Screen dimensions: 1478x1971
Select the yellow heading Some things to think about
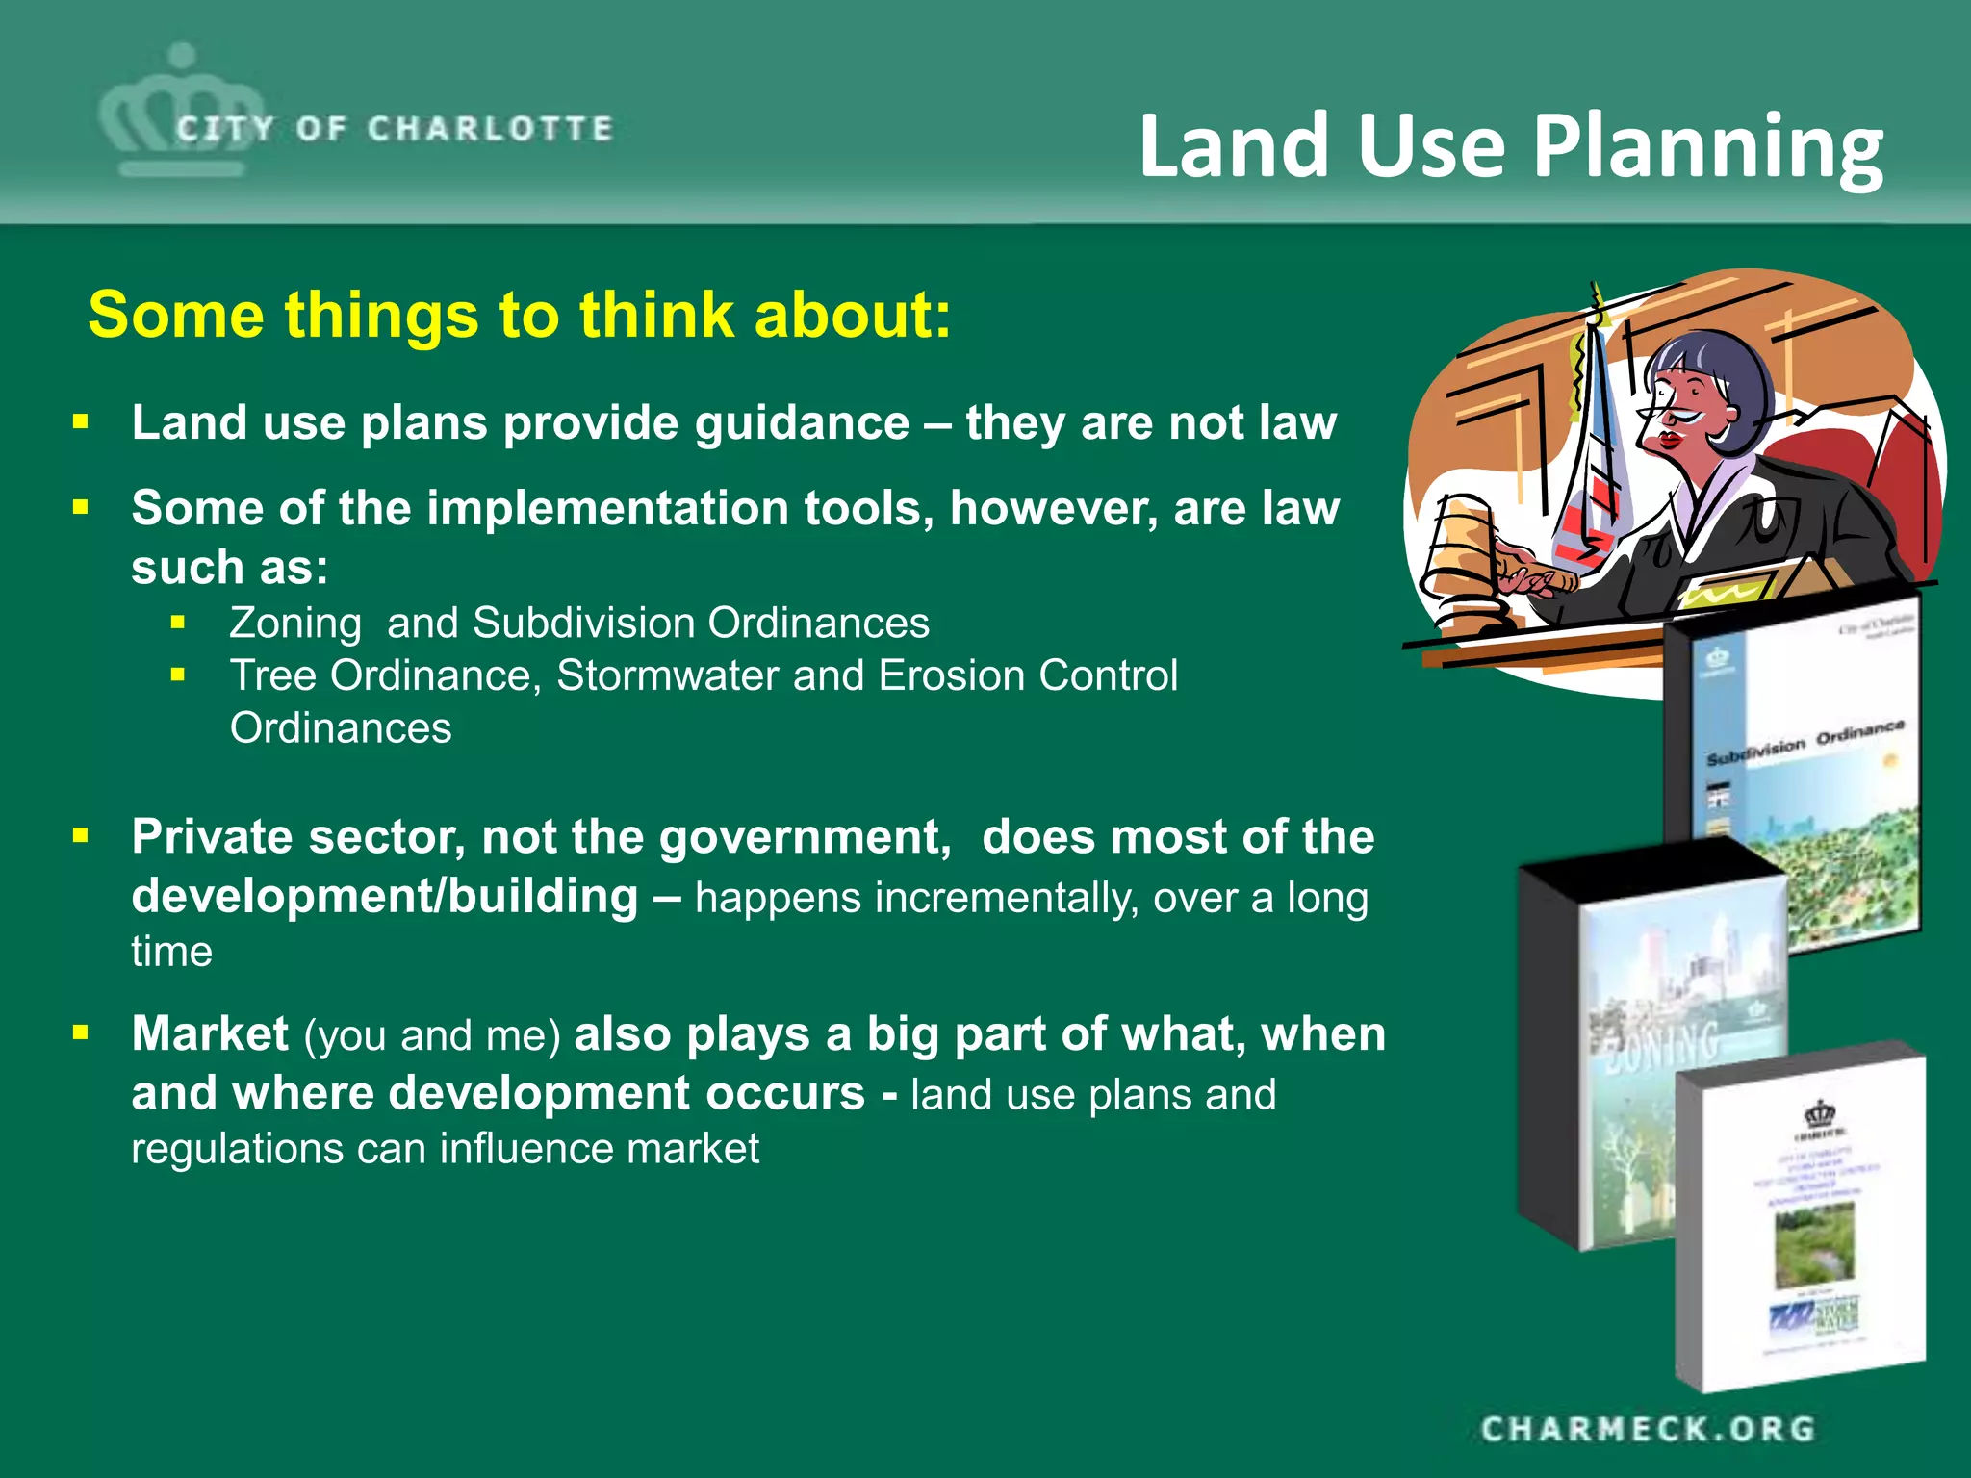[x=520, y=315]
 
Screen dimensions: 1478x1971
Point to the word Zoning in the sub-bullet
[x=295, y=624]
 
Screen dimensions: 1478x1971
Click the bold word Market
[x=210, y=1034]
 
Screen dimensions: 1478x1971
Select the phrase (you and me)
[x=432, y=1036]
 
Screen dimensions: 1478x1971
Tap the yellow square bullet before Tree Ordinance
[x=178, y=675]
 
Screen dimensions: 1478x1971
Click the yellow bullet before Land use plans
[x=81, y=421]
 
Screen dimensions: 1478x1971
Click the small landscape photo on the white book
[x=1813, y=1244]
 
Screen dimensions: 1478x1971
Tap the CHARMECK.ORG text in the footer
[x=1648, y=1429]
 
